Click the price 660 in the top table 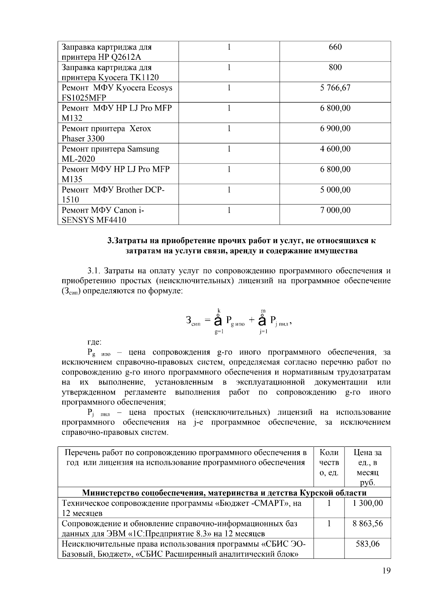[x=335, y=47]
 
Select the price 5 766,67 [x=335, y=88]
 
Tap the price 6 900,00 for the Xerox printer [x=335, y=129]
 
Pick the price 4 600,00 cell [x=335, y=149]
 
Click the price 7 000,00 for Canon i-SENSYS [x=335, y=210]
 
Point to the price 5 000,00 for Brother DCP [x=335, y=190]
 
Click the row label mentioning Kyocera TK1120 [x=110, y=72]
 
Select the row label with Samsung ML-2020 [x=110, y=154]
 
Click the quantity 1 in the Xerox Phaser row [x=229, y=129]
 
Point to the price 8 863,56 [x=368, y=524]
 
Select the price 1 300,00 [x=368, y=503]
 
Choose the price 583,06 [x=368, y=544]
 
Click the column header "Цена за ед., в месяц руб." [x=368, y=467]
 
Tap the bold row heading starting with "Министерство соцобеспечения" [x=224, y=493]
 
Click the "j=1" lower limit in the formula [x=264, y=332]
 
